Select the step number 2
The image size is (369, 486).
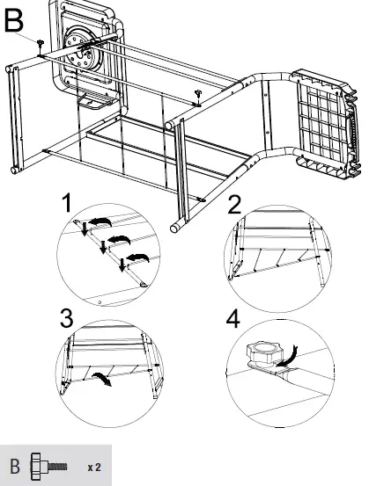[x=234, y=206]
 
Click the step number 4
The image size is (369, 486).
[x=234, y=318]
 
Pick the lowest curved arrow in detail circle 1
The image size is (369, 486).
[x=137, y=257]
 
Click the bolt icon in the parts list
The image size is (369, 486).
[x=48, y=465]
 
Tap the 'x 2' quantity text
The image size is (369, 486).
[x=94, y=466]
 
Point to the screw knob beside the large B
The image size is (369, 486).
[x=41, y=43]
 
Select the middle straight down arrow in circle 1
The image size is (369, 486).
[x=103, y=246]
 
